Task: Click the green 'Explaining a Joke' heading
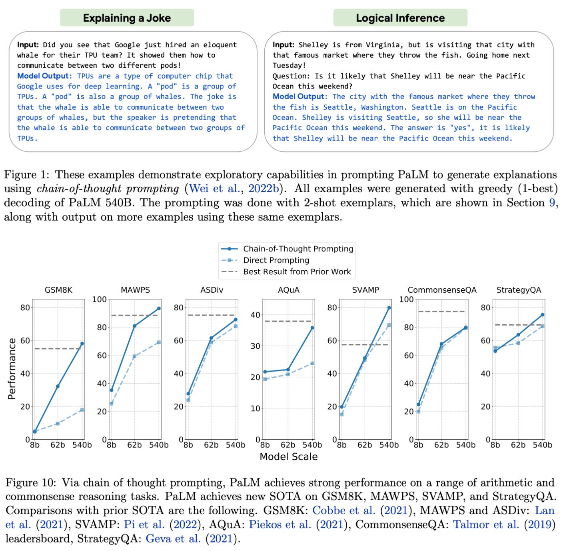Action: (x=127, y=18)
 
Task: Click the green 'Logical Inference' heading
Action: (x=400, y=18)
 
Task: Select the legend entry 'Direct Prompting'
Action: (x=276, y=260)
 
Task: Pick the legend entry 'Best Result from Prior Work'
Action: (x=297, y=271)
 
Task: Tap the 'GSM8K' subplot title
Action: (x=58, y=290)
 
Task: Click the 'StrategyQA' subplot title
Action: (x=519, y=290)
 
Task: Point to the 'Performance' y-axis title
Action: (x=12, y=369)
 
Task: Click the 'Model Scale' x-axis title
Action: (x=288, y=456)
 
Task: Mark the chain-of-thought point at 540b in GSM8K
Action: (x=82, y=344)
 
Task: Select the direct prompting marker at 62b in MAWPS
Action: (x=134, y=356)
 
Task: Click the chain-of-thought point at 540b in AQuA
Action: (x=312, y=328)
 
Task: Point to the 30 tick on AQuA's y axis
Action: (x=255, y=346)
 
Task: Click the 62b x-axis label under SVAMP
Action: (x=364, y=445)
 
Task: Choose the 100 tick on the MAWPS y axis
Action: (x=100, y=299)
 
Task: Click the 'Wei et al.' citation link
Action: (x=214, y=189)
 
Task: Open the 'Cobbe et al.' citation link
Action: (x=343, y=511)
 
